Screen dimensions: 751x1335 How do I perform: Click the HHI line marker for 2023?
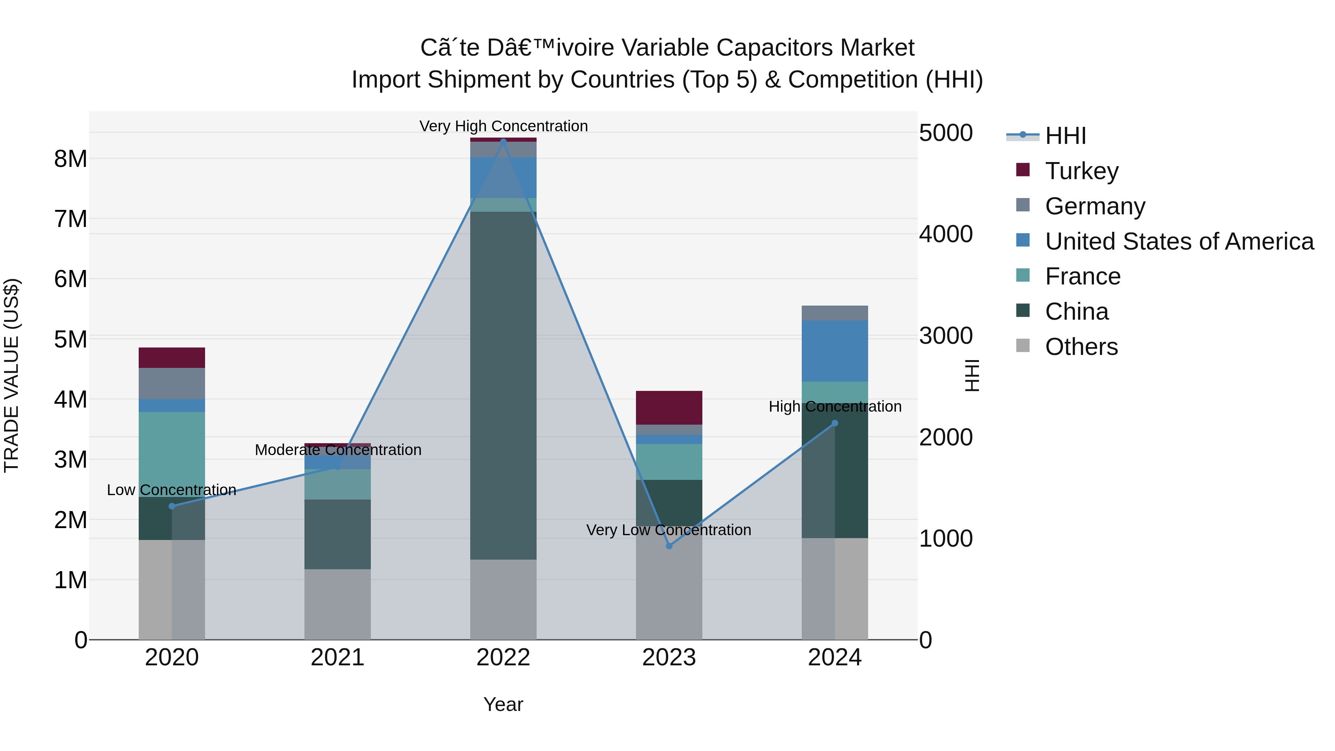[x=669, y=546]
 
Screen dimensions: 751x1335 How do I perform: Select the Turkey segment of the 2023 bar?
[x=669, y=408]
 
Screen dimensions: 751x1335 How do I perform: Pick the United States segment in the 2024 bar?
[x=834, y=351]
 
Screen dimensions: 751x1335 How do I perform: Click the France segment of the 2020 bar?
[x=172, y=455]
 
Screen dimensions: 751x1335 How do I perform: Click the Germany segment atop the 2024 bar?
[x=834, y=313]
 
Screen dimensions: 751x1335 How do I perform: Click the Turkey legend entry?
[x=1082, y=171]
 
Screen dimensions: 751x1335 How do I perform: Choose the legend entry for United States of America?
[x=1179, y=241]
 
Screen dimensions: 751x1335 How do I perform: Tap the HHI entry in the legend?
[x=1065, y=136]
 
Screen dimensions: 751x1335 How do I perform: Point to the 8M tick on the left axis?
[x=70, y=159]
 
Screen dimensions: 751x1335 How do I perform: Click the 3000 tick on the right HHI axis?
[x=946, y=336]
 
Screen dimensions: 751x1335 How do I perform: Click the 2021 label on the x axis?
[x=337, y=658]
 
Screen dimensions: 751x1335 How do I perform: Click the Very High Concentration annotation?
[x=503, y=126]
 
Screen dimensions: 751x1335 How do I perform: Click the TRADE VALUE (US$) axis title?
[x=11, y=375]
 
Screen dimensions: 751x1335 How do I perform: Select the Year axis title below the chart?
[x=503, y=704]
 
